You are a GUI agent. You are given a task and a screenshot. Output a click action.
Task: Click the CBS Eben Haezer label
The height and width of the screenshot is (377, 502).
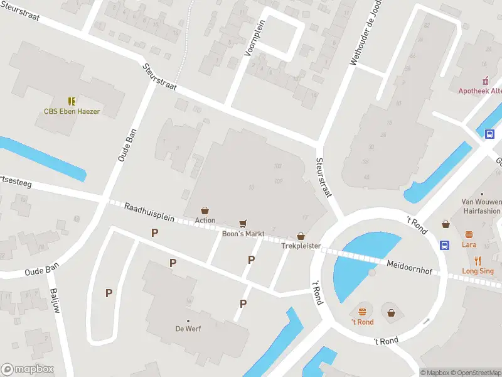pyautogui.click(x=72, y=112)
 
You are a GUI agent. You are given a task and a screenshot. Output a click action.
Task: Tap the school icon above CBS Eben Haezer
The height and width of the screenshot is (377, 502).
pyautogui.click(x=72, y=101)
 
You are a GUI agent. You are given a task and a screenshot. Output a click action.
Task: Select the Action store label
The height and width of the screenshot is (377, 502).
pyautogui.click(x=205, y=221)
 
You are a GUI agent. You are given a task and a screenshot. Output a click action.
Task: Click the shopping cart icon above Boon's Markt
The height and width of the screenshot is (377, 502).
pyautogui.click(x=243, y=223)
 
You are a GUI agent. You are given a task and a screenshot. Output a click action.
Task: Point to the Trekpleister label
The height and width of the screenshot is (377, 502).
pyautogui.click(x=301, y=246)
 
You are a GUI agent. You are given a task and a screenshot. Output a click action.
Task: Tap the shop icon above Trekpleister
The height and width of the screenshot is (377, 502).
pyautogui.click(x=301, y=236)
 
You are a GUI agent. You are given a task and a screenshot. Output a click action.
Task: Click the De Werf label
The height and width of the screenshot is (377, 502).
pyautogui.click(x=188, y=329)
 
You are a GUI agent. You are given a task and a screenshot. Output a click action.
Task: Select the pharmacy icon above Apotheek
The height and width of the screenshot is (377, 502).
pyautogui.click(x=484, y=80)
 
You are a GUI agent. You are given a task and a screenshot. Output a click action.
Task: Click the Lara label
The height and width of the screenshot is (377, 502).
pyautogui.click(x=469, y=244)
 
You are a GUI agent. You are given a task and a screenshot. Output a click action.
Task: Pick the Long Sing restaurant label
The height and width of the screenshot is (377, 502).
pyautogui.click(x=478, y=271)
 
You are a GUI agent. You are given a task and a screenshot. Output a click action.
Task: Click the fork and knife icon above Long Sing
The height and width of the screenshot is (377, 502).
pyautogui.click(x=478, y=261)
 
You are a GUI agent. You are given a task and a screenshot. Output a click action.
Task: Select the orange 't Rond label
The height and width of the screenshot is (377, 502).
pyautogui.click(x=362, y=322)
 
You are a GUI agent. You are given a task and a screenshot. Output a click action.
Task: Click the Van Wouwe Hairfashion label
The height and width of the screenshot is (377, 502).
pyautogui.click(x=481, y=206)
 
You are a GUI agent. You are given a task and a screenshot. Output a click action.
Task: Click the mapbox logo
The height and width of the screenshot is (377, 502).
pyautogui.click(x=28, y=369)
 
